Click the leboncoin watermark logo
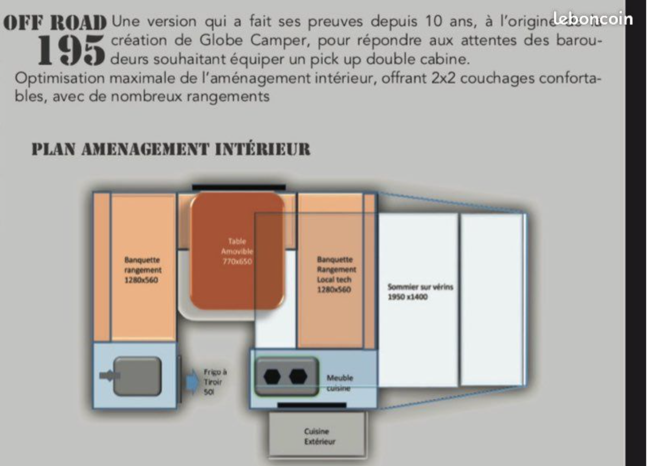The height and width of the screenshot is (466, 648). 592,19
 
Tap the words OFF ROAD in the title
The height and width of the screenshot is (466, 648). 55,22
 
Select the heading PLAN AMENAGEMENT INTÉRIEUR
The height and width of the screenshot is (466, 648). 170,150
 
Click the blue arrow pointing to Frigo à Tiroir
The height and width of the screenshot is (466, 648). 193,380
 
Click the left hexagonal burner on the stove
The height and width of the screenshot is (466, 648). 273,377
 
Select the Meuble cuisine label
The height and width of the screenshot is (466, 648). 340,383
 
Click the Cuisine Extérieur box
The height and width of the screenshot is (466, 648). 317,436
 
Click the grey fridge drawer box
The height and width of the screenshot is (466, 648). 137,376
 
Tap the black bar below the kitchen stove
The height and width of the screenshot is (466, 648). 312,405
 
